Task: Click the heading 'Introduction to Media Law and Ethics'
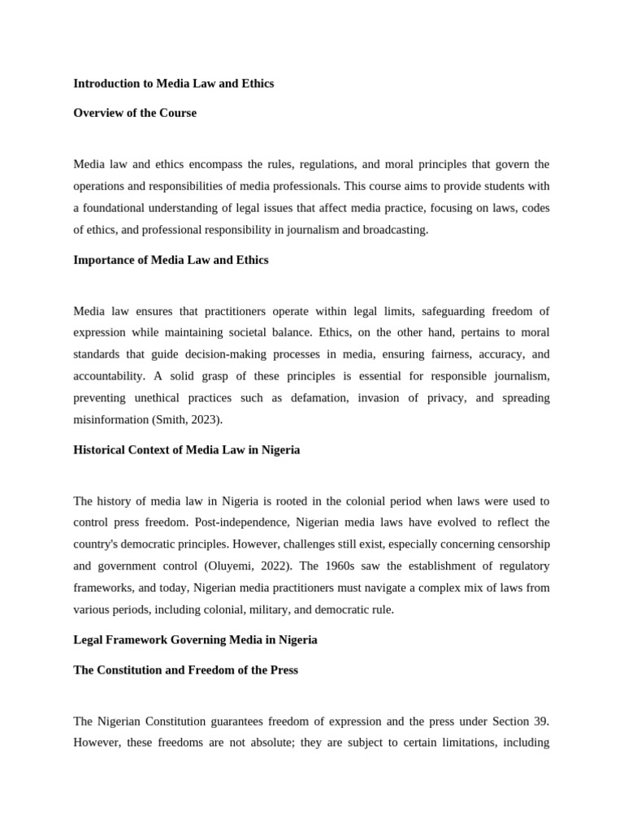point(173,84)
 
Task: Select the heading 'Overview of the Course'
point(135,113)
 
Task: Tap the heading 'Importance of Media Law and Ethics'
point(171,260)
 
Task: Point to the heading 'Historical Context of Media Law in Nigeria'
point(186,449)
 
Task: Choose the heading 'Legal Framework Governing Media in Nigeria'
point(195,639)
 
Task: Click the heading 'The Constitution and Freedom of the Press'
point(185,669)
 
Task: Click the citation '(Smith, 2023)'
point(187,420)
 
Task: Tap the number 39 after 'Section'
point(542,721)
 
